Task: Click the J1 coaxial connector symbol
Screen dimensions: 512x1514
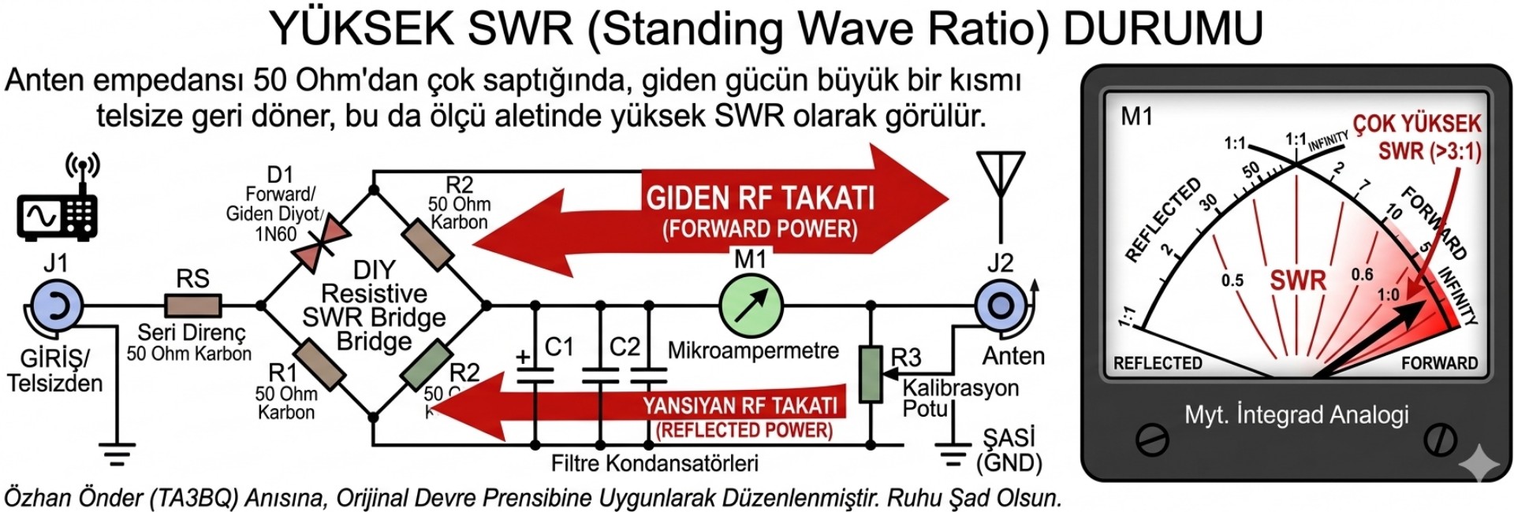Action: coord(54,306)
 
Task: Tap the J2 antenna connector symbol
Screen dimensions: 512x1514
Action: coord(1001,306)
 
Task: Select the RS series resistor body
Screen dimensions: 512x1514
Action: coord(193,306)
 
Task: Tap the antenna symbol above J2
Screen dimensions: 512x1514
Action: coord(1001,178)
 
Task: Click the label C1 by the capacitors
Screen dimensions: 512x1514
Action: coord(559,347)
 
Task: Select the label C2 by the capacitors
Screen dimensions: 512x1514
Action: coord(625,347)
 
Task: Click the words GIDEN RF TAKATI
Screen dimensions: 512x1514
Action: coord(760,198)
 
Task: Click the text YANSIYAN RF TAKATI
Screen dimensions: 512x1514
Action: coord(740,406)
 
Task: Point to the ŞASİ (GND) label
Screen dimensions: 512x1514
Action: coord(1009,450)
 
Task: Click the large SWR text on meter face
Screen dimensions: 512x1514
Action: coord(1298,280)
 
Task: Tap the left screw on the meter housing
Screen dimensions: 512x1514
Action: coord(1152,440)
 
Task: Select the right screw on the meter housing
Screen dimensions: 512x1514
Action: coord(1440,440)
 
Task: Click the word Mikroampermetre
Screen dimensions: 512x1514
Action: coord(753,351)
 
